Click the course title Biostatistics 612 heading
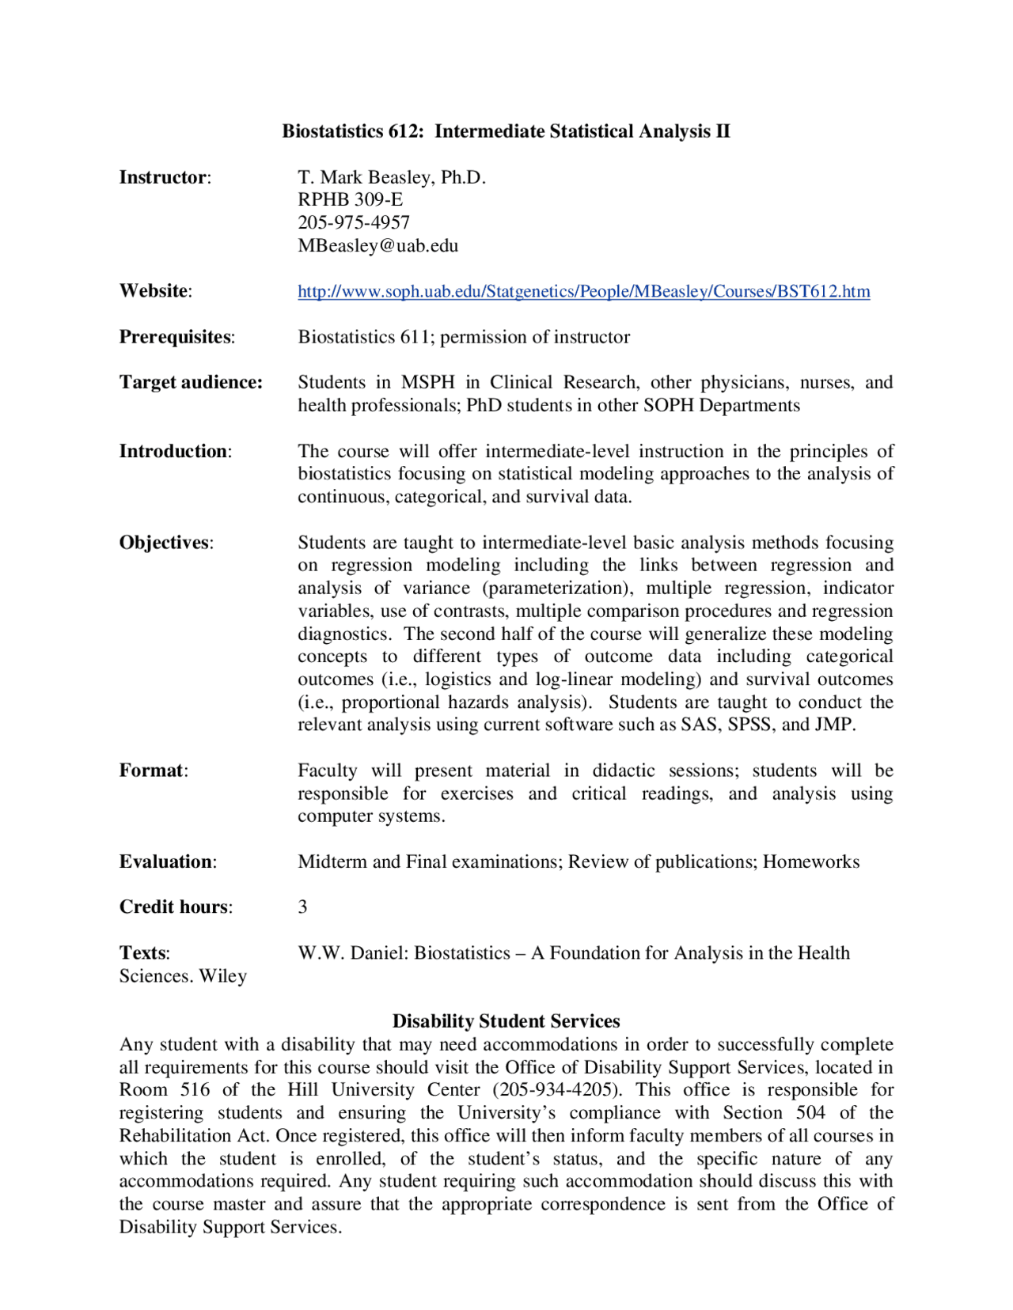pos(506,131)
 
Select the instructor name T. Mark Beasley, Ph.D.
pos(391,177)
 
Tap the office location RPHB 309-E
pos(350,199)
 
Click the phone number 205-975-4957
pos(354,222)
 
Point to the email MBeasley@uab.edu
pos(378,245)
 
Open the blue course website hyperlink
pos(583,291)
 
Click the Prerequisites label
pos(176,337)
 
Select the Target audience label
pos(191,382)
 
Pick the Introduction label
pos(174,451)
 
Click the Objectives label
pos(165,543)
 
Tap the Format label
pos(153,770)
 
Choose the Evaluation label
pos(167,861)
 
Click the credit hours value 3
pos(302,907)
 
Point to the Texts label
pos(143,952)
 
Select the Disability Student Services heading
pos(506,1021)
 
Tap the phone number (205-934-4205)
pos(556,1089)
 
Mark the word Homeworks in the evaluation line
pos(810,861)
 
